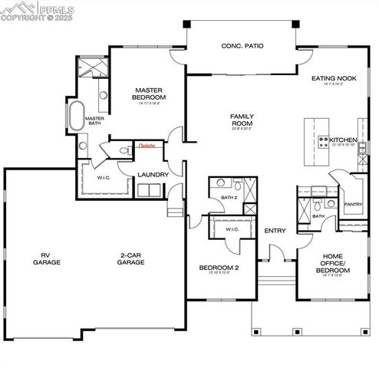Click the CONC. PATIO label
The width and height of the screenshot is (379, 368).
coord(242,46)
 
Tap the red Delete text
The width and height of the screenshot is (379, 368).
coord(146,146)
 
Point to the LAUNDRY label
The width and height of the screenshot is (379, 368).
coord(153,175)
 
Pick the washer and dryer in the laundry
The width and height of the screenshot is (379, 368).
coord(153,190)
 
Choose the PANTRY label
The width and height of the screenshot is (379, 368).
coord(353,205)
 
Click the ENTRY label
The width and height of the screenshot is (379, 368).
coord(275,231)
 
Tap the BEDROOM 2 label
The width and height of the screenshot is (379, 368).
coord(219,268)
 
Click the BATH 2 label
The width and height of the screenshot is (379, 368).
coord(229,198)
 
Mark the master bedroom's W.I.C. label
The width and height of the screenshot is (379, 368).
coord(105,178)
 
